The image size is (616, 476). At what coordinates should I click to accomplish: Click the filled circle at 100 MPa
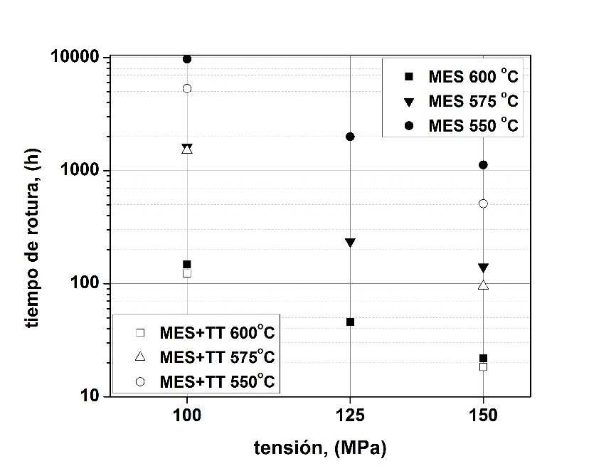(x=187, y=59)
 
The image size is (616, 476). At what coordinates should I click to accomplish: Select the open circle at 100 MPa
(x=187, y=88)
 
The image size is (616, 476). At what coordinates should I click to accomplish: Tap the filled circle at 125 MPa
(x=350, y=137)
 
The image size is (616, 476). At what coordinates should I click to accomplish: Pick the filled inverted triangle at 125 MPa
(x=350, y=243)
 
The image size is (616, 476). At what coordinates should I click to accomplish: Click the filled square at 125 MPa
(x=350, y=322)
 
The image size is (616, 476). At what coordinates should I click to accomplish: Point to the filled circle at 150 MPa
(x=484, y=165)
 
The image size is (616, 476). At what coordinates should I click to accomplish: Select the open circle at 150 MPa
(x=484, y=203)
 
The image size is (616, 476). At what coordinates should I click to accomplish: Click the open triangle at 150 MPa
(x=484, y=285)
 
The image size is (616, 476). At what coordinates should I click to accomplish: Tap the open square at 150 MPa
(x=484, y=366)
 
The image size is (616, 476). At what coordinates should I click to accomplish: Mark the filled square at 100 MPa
(x=187, y=264)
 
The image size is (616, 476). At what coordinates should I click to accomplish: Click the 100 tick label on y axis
(x=87, y=284)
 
